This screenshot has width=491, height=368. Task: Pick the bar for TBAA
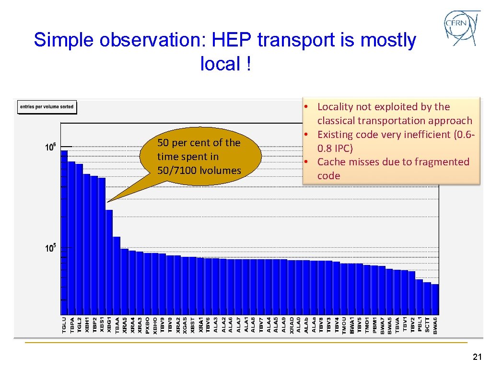(x=117, y=275)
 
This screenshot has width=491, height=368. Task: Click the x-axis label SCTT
(x=428, y=325)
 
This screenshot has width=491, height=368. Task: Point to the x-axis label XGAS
(x=185, y=325)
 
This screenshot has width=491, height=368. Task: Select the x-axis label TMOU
(x=344, y=325)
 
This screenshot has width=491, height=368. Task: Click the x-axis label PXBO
(x=148, y=325)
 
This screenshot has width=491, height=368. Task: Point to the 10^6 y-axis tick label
(x=50, y=148)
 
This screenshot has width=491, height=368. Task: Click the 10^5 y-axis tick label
(x=50, y=248)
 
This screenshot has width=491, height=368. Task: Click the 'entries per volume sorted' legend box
(x=47, y=106)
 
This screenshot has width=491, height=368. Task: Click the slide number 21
(x=477, y=356)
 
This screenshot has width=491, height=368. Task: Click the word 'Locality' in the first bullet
(x=337, y=107)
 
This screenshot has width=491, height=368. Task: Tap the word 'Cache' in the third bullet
(x=331, y=162)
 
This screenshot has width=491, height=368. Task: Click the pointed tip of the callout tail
(x=107, y=202)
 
